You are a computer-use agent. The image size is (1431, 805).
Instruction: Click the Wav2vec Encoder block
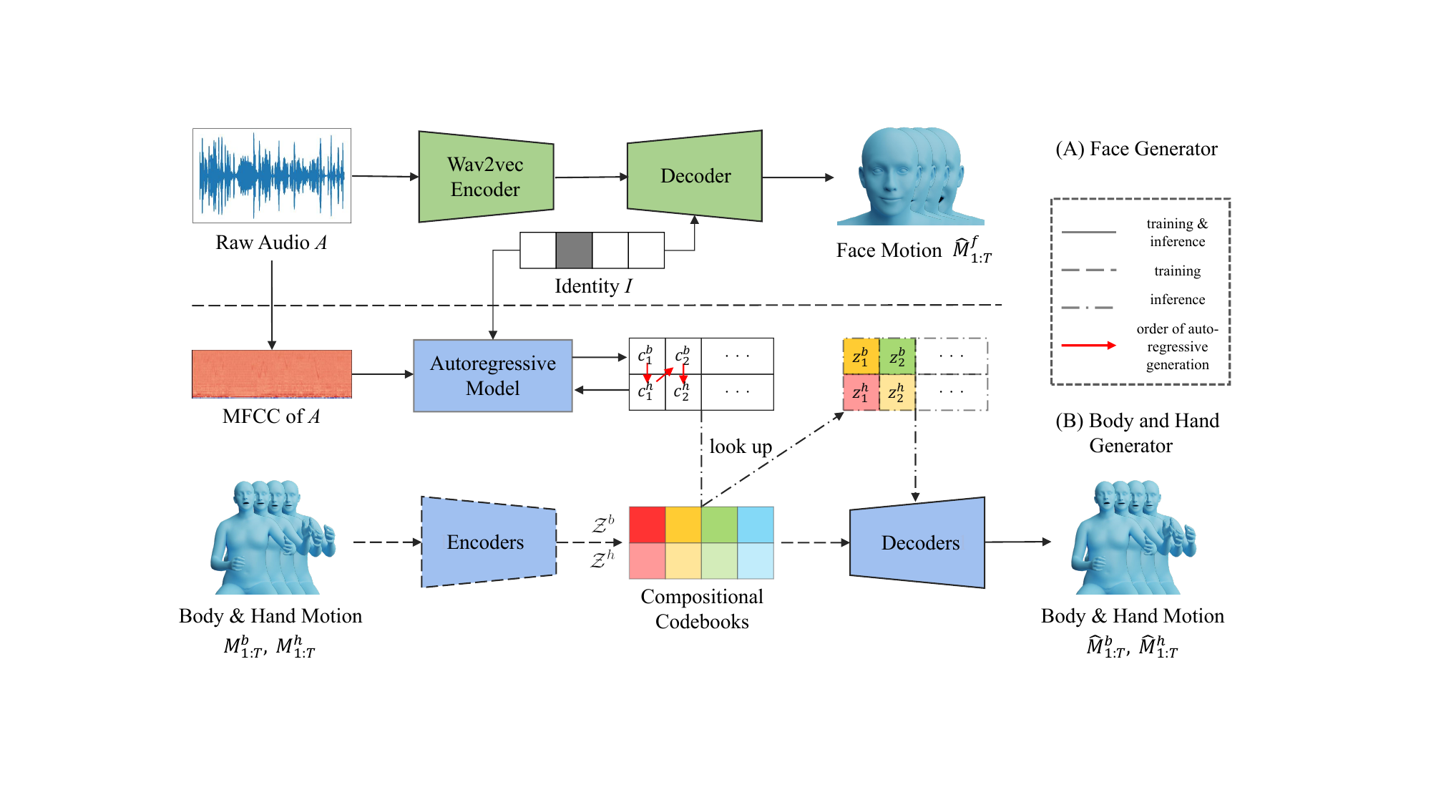(x=486, y=177)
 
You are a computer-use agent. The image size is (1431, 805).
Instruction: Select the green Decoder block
(x=695, y=176)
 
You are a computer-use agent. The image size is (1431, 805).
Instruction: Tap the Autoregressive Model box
(x=493, y=376)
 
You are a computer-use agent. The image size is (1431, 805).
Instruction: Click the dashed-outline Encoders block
(x=489, y=542)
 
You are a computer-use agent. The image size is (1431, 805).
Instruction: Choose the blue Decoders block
(x=917, y=542)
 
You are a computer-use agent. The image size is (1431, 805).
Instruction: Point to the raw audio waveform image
(x=272, y=175)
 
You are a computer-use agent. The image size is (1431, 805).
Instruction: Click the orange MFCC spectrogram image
(x=272, y=374)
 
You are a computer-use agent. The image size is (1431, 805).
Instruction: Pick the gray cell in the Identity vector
(x=574, y=250)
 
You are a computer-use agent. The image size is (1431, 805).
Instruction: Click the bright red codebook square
(x=647, y=525)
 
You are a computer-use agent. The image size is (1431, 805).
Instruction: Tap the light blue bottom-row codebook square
(x=756, y=561)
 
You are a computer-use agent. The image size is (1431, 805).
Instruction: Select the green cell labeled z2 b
(x=897, y=356)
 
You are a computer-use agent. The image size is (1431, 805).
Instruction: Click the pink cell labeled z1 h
(x=861, y=393)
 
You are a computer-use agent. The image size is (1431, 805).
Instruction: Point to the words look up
(x=741, y=447)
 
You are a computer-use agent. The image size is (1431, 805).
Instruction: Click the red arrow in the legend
(x=1088, y=346)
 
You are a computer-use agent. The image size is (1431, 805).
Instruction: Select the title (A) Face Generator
(x=1136, y=149)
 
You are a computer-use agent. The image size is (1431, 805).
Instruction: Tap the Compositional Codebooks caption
(x=702, y=609)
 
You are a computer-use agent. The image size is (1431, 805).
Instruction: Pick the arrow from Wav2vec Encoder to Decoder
(x=591, y=177)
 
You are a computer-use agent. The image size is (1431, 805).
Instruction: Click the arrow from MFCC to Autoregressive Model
(x=383, y=374)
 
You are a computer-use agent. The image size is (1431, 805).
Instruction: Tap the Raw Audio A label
(x=272, y=243)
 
